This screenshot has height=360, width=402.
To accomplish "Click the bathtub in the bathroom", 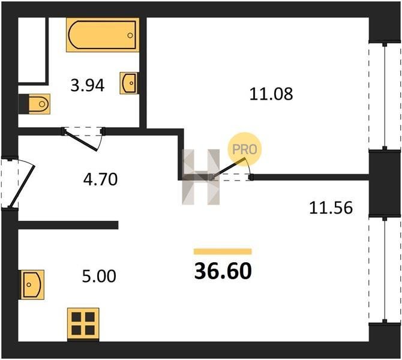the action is click(103, 35).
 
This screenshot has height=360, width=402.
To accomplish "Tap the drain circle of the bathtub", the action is click(130, 35).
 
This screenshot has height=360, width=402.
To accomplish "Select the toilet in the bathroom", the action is click(34, 104).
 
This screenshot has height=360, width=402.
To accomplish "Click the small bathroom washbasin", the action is click(129, 83).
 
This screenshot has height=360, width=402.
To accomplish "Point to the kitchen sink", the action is click(32, 284).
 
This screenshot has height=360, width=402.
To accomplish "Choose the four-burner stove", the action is click(83, 324).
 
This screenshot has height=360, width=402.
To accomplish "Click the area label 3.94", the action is click(88, 85).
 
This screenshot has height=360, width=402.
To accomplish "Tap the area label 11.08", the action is click(271, 94).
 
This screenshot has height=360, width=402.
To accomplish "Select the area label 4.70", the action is click(101, 179).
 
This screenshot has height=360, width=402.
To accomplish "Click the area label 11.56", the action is click(331, 208).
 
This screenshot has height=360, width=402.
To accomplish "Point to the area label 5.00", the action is click(99, 276).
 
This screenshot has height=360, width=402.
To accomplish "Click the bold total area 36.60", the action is click(223, 271).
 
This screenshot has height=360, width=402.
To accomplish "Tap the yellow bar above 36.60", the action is click(223, 251).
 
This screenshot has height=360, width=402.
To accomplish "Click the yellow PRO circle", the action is click(245, 149).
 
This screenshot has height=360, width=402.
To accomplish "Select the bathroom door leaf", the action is click(80, 140).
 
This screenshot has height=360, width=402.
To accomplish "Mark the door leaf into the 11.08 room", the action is click(228, 167).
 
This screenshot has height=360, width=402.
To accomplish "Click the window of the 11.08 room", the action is click(385, 96).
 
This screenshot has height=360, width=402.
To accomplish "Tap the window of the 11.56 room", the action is click(385, 271).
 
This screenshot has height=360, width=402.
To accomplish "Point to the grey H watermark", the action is click(201, 177).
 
